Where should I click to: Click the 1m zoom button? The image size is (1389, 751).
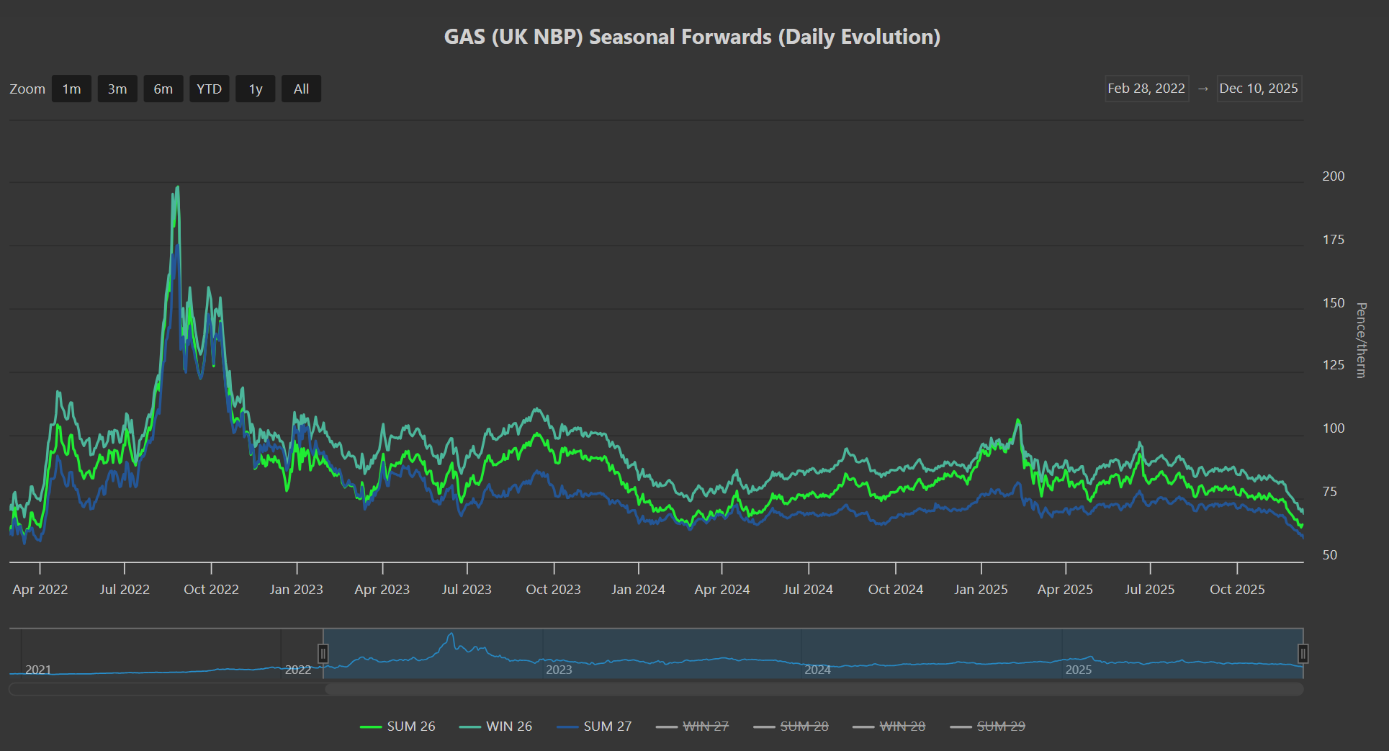pyautogui.click(x=71, y=89)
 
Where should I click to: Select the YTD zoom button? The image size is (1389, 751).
pyautogui.click(x=209, y=89)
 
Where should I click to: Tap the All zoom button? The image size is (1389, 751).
pyautogui.click(x=301, y=89)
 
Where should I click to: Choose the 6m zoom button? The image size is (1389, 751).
pyautogui.click(x=163, y=89)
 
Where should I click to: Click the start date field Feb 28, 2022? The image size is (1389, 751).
pyautogui.click(x=1146, y=89)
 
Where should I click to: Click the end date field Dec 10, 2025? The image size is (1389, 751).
pyautogui.click(x=1259, y=89)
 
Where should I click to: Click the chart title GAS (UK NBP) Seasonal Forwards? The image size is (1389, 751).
pyautogui.click(x=692, y=37)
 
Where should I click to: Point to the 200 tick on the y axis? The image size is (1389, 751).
pyautogui.click(x=1333, y=176)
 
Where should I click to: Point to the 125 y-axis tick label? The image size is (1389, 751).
pyautogui.click(x=1333, y=365)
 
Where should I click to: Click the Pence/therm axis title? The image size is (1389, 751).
pyautogui.click(x=1361, y=340)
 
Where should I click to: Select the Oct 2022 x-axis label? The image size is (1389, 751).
pyautogui.click(x=211, y=590)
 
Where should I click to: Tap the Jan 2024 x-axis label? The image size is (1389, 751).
pyautogui.click(x=638, y=590)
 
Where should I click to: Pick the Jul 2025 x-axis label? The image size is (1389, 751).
pyautogui.click(x=1149, y=590)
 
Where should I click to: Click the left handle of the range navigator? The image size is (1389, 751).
pyautogui.click(x=323, y=654)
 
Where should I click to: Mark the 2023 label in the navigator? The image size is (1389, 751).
pyautogui.click(x=559, y=670)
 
